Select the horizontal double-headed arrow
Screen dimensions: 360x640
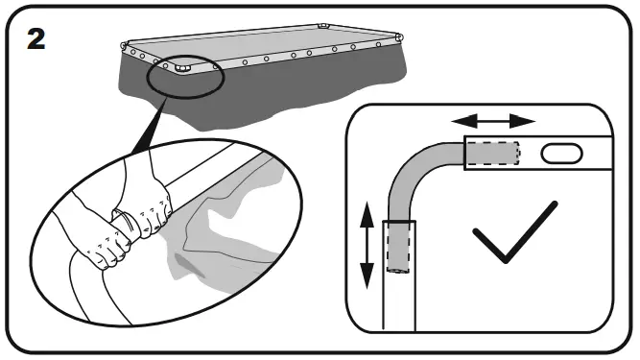click(494, 121)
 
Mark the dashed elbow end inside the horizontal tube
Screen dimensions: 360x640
click(491, 153)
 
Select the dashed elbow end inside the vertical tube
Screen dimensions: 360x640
click(399, 246)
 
